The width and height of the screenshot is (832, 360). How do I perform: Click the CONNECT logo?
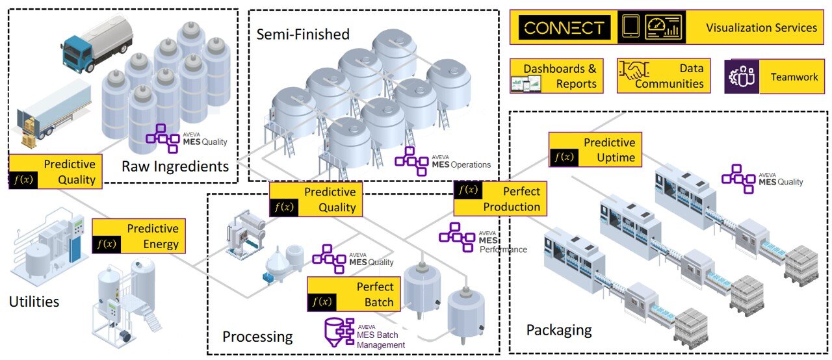click(564, 28)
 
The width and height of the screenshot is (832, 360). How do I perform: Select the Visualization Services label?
click(761, 28)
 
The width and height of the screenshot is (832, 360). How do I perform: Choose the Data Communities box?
click(663, 76)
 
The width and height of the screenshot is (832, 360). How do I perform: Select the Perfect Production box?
click(499, 199)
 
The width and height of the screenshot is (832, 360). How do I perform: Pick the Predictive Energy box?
click(139, 237)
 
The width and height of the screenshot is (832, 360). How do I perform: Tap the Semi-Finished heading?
click(303, 34)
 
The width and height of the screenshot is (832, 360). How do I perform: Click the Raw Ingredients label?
click(175, 166)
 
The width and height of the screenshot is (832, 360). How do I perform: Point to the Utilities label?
click(34, 302)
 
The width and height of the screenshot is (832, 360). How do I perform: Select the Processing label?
click(257, 337)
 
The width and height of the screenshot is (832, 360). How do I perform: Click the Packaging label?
click(559, 329)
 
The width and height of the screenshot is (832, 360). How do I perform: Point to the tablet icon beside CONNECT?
click(630, 27)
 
